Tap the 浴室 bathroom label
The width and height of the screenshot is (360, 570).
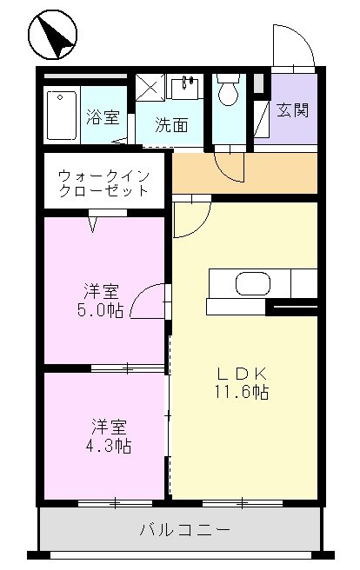tap(103, 118)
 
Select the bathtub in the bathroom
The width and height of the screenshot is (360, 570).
tap(62, 115)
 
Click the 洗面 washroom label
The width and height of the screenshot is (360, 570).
tap(170, 125)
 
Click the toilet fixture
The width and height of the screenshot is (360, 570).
tap(229, 89)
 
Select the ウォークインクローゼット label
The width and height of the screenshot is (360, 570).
tap(103, 182)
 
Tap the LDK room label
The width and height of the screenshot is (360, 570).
tap(246, 374)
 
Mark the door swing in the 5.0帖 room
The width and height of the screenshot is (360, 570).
tap(150, 302)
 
